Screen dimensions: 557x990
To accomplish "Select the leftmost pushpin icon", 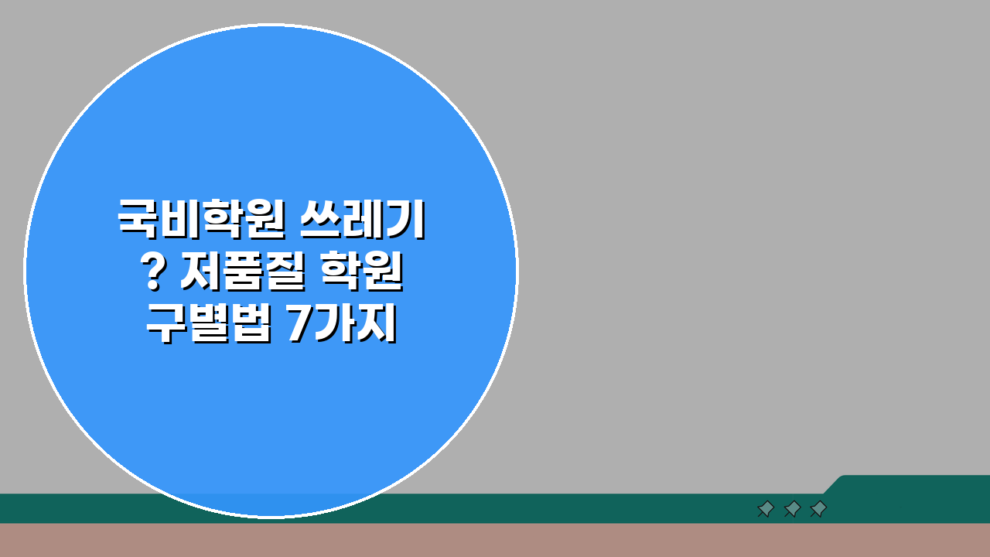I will tap(766, 508).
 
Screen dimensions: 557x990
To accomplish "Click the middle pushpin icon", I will tap(792, 508).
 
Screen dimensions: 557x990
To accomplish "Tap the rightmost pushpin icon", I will tap(818, 508).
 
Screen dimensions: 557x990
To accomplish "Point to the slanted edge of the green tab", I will tap(833, 484).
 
